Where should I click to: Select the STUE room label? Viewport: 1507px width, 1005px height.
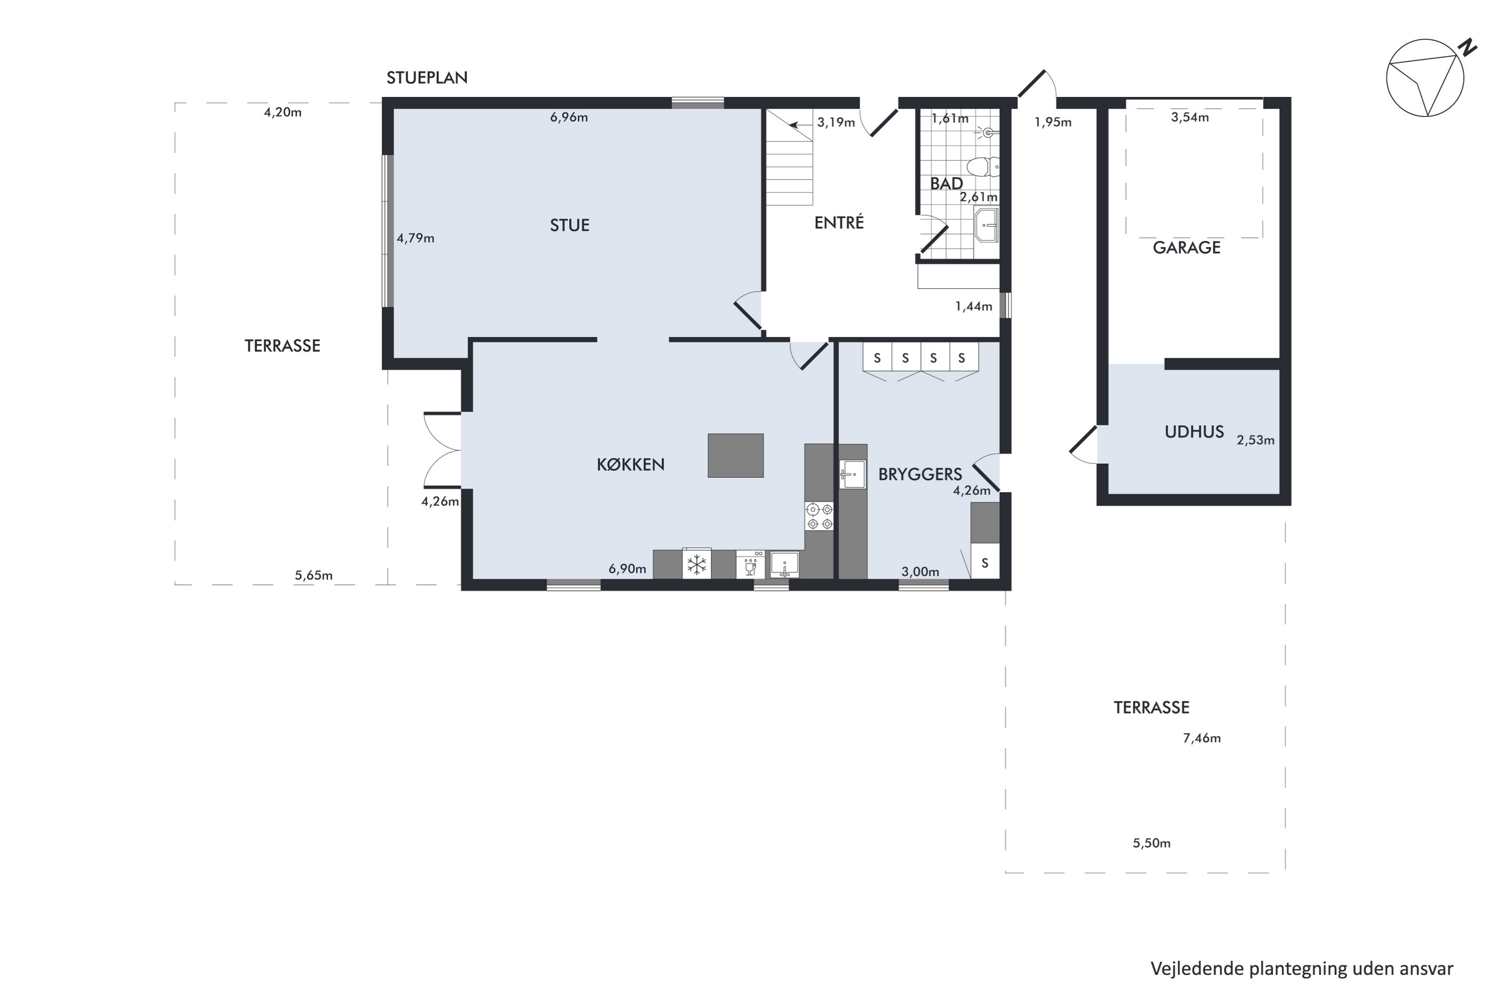tap(570, 225)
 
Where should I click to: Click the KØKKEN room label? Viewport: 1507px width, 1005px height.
tap(630, 465)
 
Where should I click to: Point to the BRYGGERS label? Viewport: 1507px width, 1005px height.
tap(920, 474)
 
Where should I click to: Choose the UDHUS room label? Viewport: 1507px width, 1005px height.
tap(1195, 432)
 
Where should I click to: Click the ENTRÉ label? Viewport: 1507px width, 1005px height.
tap(839, 223)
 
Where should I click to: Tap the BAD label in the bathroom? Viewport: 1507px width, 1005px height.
tap(946, 183)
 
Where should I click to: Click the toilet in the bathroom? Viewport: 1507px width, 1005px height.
tap(982, 167)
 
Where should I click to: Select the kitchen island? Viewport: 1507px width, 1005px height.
tap(735, 455)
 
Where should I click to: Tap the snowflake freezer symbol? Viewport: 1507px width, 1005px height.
tap(696, 565)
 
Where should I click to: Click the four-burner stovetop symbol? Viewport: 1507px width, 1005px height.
tap(819, 516)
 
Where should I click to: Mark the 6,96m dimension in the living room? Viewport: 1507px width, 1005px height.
tap(569, 117)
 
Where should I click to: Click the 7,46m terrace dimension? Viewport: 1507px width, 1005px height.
tap(1202, 738)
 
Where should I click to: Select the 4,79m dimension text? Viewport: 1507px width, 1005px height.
tap(415, 238)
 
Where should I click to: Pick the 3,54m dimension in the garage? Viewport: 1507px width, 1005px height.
tap(1190, 117)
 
